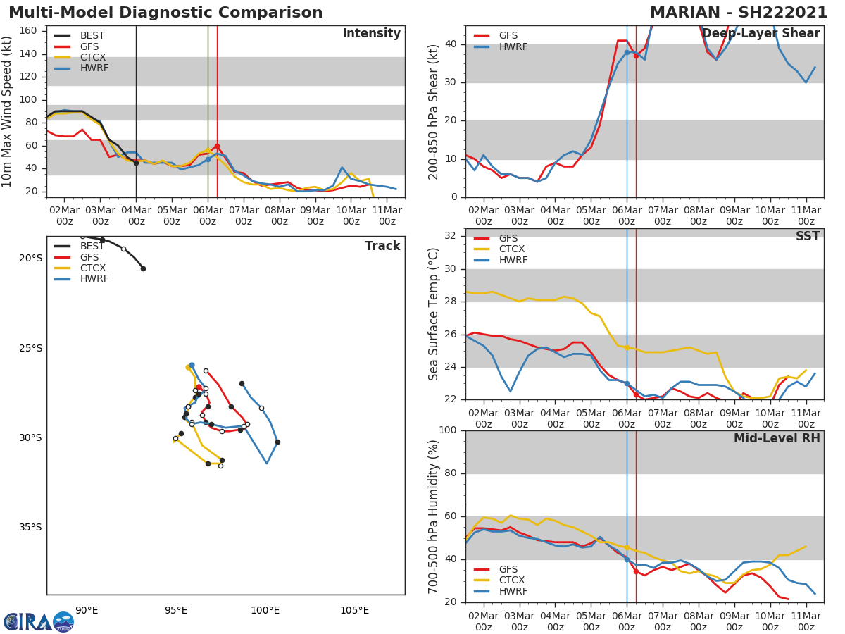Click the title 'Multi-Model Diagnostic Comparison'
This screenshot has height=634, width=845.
pos(165,13)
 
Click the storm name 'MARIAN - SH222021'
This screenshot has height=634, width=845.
pos(739,13)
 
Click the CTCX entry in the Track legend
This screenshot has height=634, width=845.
pos(92,268)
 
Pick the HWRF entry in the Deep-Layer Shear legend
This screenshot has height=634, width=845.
pos(513,47)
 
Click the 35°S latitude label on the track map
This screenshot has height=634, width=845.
pos(30,528)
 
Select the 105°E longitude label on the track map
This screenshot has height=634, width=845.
pos(354,611)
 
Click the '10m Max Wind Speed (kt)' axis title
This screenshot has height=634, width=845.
pos(8,111)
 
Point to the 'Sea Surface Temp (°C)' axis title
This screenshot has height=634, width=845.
pos(434,314)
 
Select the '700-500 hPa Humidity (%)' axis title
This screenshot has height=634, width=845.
pos(434,516)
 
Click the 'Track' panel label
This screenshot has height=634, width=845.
pos(382,247)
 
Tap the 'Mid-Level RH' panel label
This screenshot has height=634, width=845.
pos(776,439)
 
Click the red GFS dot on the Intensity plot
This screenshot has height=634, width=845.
pos(217,147)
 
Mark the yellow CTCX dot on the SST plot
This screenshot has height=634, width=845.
pos(627,347)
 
